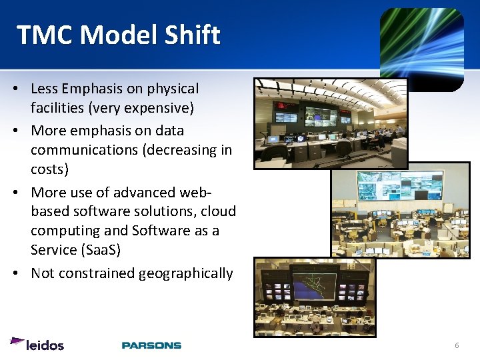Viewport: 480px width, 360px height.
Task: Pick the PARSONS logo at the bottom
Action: coord(151,345)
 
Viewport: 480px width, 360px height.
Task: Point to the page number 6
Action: coord(457,345)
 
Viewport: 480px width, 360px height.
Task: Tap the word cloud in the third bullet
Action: coord(218,211)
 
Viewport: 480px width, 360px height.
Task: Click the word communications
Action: coord(83,149)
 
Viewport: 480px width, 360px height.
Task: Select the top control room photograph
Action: coord(331,123)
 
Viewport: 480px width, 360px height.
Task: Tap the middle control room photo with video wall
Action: coord(401,209)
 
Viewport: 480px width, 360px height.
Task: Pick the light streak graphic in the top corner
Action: coord(421,48)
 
